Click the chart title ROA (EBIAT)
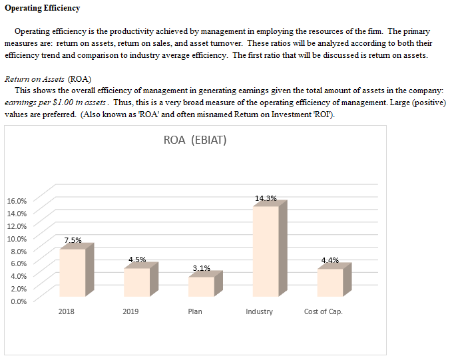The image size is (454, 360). (195, 141)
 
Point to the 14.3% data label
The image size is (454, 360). (266, 198)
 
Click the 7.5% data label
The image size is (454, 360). (73, 240)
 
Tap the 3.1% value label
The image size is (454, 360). (201, 268)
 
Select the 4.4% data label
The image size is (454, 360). (330, 260)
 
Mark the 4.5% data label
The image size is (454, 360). (137, 260)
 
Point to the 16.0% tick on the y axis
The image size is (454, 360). (17, 201)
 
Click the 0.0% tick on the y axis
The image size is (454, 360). (18, 301)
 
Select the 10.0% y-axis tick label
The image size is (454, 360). (17, 238)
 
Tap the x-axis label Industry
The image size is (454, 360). (259, 312)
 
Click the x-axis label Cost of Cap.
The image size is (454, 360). (323, 312)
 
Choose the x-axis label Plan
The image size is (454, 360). (195, 312)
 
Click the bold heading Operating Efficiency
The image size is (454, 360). (42, 8)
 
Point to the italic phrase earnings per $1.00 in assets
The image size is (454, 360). (56, 103)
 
